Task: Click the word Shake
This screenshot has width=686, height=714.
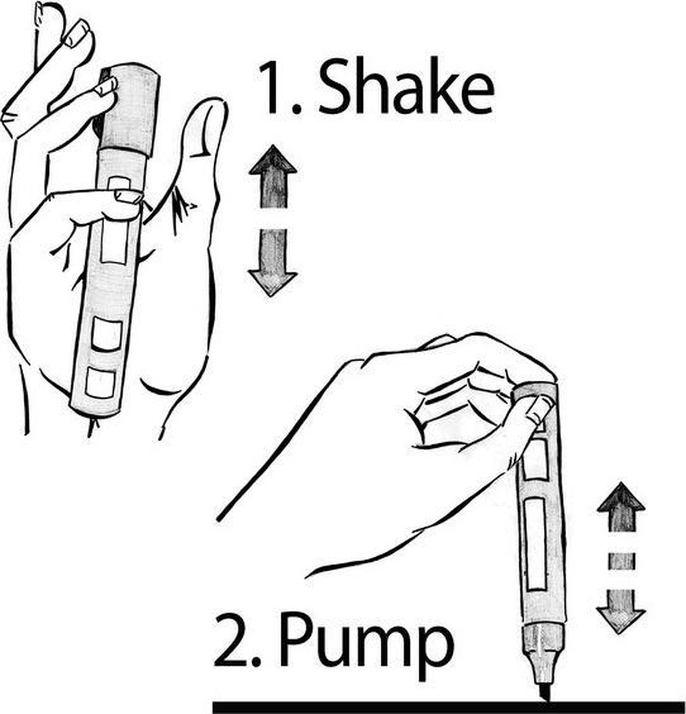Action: (x=406, y=85)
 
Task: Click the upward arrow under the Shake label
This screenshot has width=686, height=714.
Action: (x=273, y=177)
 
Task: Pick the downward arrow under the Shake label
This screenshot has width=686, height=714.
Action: (x=272, y=262)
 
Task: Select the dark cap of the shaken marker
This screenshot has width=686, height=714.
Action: (x=130, y=110)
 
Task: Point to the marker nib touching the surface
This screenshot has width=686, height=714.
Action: (x=545, y=693)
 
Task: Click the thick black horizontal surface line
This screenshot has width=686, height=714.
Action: (x=448, y=707)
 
